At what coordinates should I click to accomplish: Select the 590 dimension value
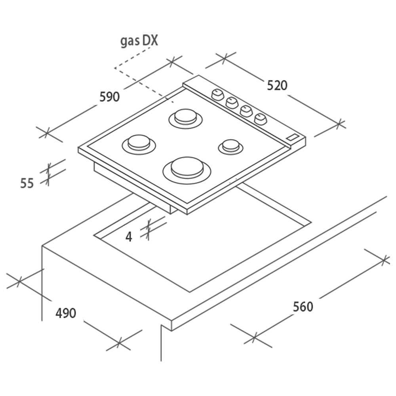109,97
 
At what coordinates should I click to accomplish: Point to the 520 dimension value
277,86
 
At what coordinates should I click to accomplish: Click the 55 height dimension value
27,183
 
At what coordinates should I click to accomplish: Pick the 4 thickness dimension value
129,237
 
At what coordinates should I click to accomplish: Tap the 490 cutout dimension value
66,313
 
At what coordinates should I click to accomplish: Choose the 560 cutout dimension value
303,307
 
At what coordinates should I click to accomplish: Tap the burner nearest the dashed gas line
186,119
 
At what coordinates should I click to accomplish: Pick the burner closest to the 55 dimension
139,145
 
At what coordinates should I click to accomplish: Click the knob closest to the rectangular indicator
261,119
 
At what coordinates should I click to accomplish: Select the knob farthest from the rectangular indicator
217,95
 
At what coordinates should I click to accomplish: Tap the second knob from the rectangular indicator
246,111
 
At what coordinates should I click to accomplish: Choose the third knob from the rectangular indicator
232,103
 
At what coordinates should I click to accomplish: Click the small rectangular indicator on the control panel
293,137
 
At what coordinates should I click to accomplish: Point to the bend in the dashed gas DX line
115,68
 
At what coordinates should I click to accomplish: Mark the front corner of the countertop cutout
190,292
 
